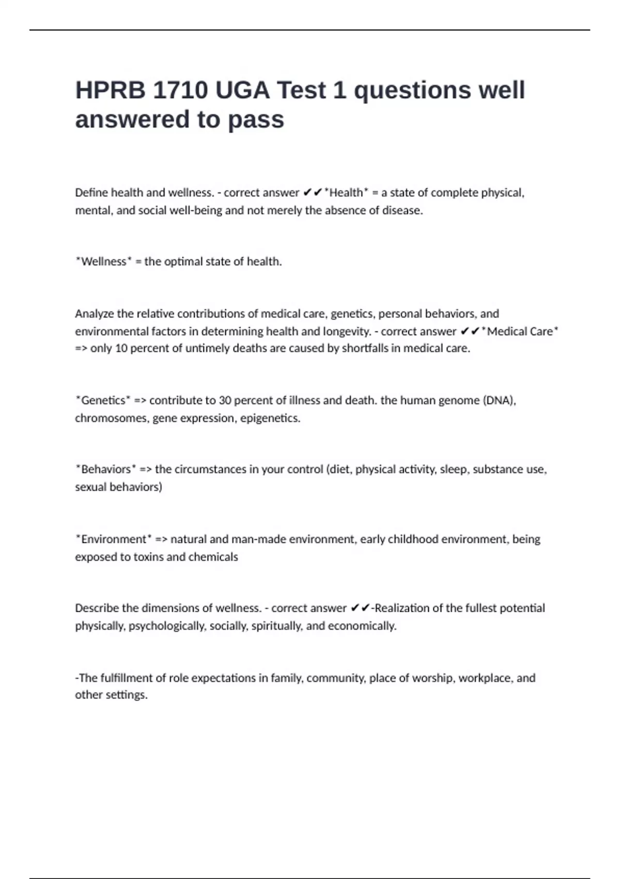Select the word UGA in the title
242,90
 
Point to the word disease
402,210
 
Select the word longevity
345,331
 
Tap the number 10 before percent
121,348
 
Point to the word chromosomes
112,418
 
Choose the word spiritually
276,626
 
